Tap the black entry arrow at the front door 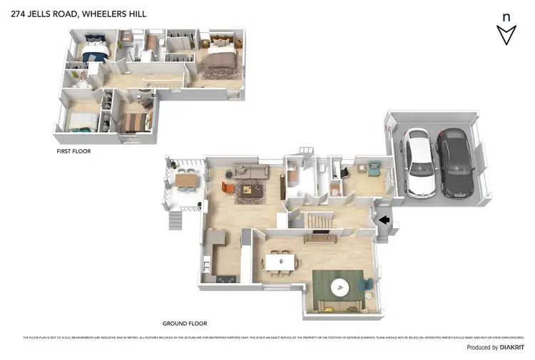click(x=384, y=220)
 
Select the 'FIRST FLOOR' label click(x=73, y=151)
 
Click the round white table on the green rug click(x=341, y=287)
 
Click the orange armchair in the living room click(x=228, y=187)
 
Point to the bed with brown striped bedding click(x=133, y=121)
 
